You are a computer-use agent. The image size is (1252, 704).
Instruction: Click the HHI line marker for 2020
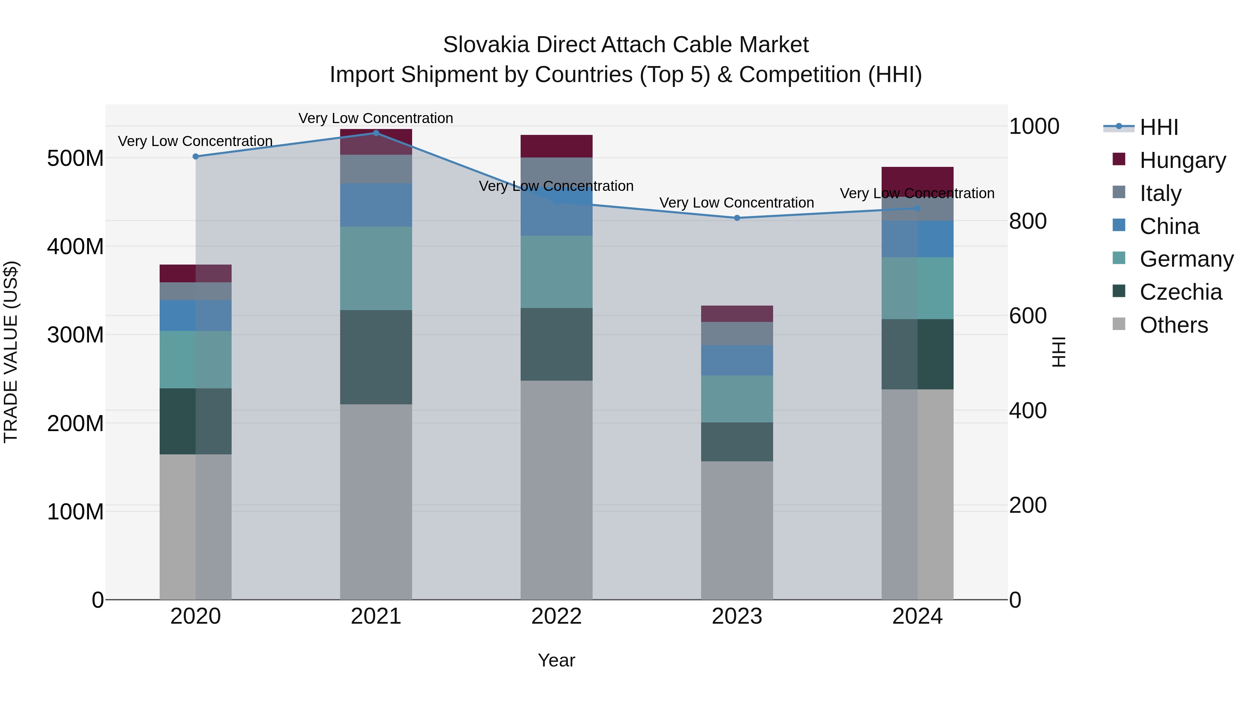point(195,156)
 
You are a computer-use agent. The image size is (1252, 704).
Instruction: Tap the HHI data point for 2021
point(376,133)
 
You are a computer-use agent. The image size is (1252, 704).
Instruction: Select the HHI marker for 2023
point(737,218)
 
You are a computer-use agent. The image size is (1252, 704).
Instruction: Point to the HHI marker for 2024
point(917,209)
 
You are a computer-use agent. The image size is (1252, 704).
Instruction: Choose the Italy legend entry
point(1160,193)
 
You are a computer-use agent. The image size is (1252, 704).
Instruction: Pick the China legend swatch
point(1119,225)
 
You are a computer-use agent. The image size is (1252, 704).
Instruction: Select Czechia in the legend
point(1180,292)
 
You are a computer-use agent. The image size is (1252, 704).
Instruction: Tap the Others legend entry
point(1173,325)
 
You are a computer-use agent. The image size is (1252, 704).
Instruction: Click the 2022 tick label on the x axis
point(556,616)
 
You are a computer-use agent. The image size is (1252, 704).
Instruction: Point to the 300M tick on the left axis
point(75,335)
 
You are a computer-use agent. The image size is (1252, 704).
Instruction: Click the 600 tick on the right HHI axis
point(1027,316)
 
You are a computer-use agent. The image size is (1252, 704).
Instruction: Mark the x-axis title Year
point(556,660)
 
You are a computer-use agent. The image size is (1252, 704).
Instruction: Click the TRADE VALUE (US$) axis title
point(11,352)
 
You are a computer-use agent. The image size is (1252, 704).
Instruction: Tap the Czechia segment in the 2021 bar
point(376,357)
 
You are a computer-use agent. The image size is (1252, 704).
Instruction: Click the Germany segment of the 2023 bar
point(737,398)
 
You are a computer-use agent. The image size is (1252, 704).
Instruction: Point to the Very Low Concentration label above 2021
point(376,118)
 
